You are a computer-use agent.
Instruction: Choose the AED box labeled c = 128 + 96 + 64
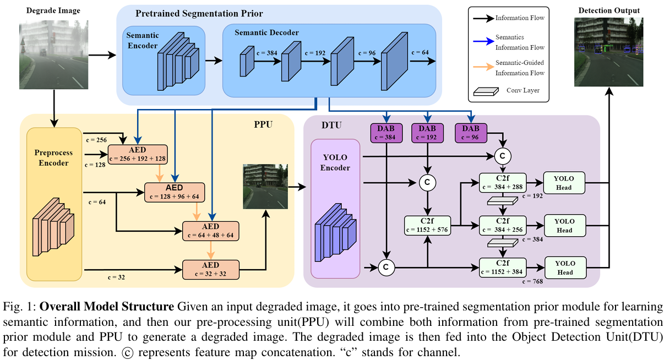click(175, 192)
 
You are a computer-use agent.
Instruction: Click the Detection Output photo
click(608, 52)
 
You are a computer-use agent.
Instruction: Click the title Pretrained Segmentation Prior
click(199, 13)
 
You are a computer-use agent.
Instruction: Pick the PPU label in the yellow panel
click(264, 124)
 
